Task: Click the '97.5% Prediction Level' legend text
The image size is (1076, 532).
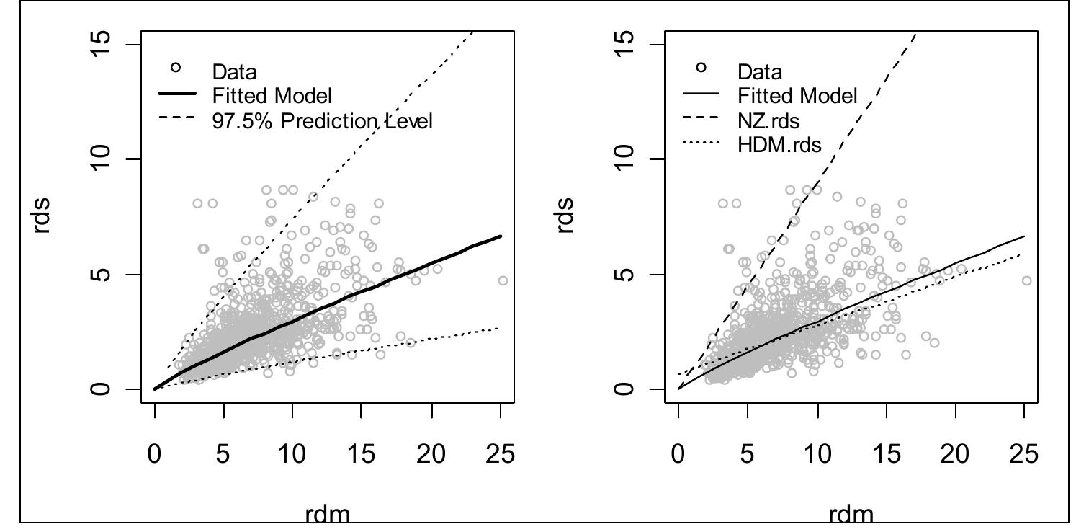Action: click(x=322, y=120)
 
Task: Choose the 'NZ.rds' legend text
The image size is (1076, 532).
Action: click(x=768, y=120)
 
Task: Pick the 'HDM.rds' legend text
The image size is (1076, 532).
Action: click(x=779, y=145)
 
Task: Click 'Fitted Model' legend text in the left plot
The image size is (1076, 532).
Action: click(x=272, y=96)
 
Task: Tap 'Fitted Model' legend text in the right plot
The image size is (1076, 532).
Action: click(x=797, y=96)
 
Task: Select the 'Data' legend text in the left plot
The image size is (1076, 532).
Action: click(x=234, y=71)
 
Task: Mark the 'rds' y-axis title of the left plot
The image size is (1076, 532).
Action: click(x=44, y=216)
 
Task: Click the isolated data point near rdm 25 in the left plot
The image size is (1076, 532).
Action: click(x=503, y=280)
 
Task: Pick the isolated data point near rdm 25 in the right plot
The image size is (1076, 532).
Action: click(x=1026, y=280)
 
